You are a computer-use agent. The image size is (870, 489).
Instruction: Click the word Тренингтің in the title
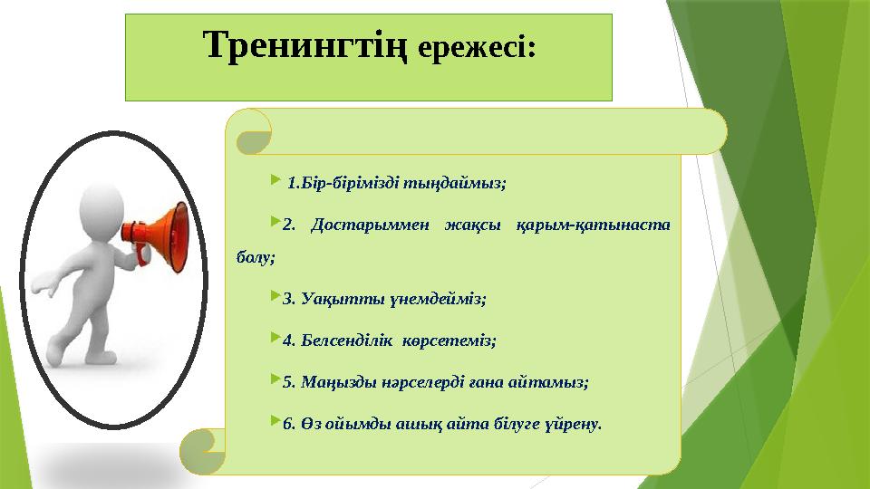tap(308, 44)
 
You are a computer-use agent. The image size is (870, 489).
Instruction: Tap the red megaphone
tap(163, 230)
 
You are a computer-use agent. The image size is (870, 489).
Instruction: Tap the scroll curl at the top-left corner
tap(253, 132)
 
